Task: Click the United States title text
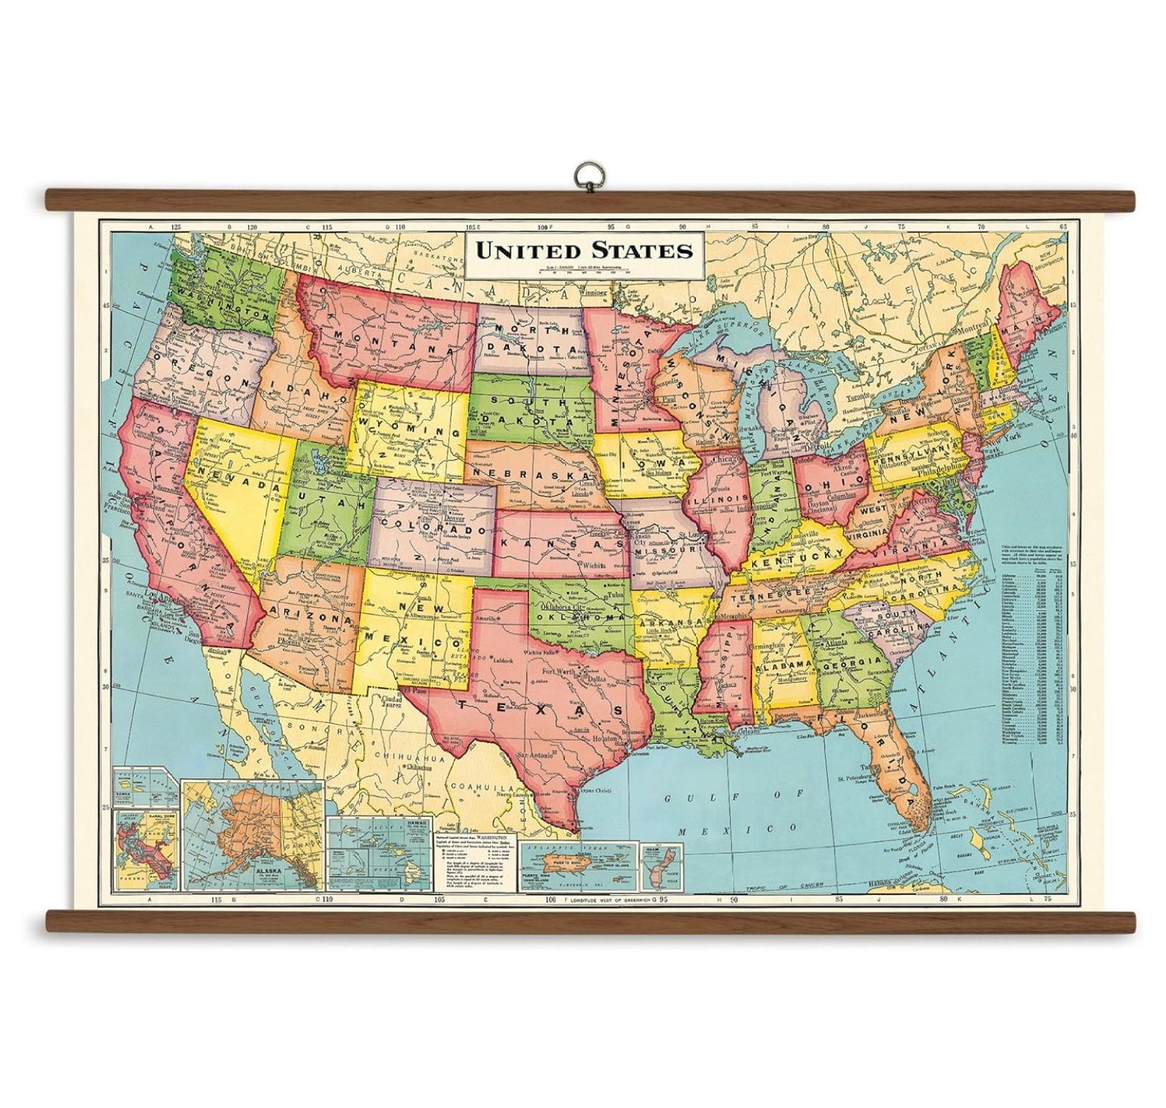[582, 250]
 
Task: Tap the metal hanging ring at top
[583, 175]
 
